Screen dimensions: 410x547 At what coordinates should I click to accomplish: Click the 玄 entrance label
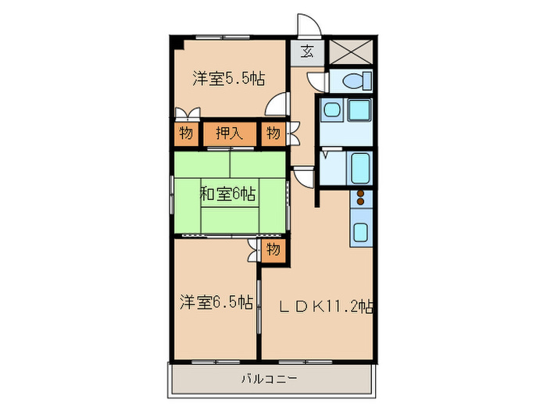click(307, 52)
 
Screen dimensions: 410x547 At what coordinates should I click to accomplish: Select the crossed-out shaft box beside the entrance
click(351, 52)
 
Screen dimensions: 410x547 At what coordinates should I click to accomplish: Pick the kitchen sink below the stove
click(361, 231)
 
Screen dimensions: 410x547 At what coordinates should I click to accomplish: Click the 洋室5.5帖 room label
click(228, 78)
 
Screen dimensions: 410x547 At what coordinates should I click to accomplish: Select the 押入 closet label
click(230, 134)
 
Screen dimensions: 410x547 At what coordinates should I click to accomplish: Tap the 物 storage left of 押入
click(185, 134)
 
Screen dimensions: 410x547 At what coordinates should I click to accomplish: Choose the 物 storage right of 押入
click(273, 134)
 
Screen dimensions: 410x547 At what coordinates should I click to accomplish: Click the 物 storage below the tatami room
click(273, 250)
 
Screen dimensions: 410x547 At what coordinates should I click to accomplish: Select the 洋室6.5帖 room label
click(215, 301)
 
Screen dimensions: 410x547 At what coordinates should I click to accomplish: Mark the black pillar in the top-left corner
click(177, 41)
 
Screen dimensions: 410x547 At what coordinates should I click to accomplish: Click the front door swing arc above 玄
click(306, 26)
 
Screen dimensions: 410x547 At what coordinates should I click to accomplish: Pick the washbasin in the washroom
click(331, 109)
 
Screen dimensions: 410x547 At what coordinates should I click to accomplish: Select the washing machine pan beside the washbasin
click(359, 109)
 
